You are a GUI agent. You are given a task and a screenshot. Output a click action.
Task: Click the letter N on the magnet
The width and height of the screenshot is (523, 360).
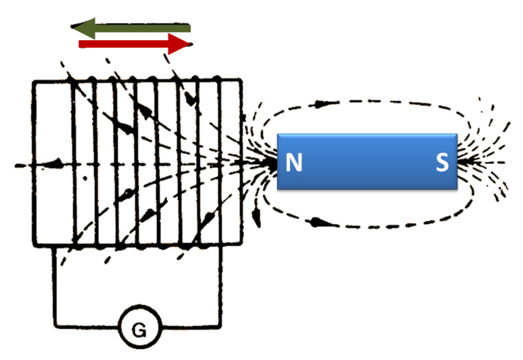pyautogui.click(x=294, y=163)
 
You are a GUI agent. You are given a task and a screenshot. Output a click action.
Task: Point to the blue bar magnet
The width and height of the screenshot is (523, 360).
pyautogui.click(x=367, y=161)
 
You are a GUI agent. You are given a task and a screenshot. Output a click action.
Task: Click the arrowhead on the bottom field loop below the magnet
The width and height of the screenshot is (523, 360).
pyautogui.click(x=315, y=221)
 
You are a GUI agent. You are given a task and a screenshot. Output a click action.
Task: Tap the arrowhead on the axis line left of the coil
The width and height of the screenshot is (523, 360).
pyautogui.click(x=54, y=163)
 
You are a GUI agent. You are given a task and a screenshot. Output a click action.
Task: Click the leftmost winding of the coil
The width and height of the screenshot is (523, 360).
pyautogui.click(x=73, y=163)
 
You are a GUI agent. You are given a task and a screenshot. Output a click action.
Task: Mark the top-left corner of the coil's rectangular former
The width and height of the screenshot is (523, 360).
pyautogui.click(x=34, y=81)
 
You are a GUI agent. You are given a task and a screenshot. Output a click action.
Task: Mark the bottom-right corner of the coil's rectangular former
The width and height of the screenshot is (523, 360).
pyautogui.click(x=242, y=245)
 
